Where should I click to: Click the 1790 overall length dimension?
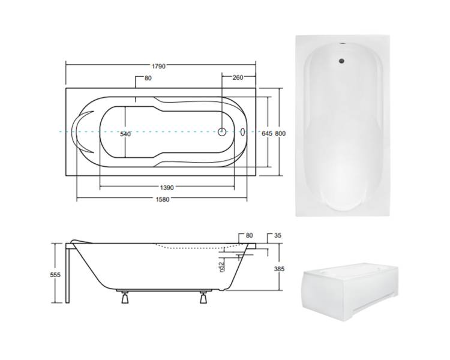(158, 67)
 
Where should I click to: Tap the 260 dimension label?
(238, 77)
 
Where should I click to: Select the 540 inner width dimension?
(125, 134)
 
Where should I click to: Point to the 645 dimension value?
(267, 133)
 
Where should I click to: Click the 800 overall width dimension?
(280, 133)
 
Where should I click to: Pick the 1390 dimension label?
(167, 188)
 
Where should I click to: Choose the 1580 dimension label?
(163, 200)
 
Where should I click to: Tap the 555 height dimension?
(55, 275)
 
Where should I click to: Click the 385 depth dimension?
(279, 269)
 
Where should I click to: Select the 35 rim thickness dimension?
(278, 235)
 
